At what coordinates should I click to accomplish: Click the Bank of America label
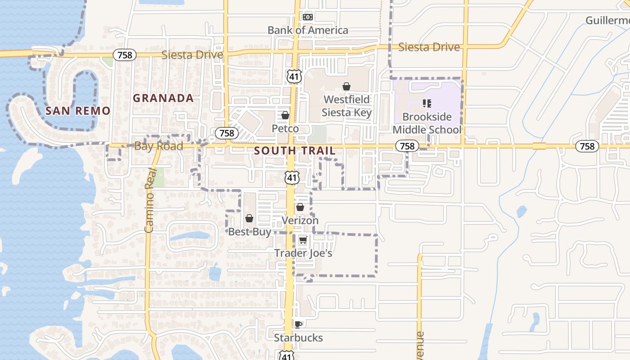308,30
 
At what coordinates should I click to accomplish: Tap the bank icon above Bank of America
308,17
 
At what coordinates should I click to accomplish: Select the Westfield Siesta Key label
346,106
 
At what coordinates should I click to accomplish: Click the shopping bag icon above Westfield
346,86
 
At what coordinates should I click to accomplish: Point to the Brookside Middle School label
427,123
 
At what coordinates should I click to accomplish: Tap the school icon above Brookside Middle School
427,104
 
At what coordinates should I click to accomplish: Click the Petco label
285,129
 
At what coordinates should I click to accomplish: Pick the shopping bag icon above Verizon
300,207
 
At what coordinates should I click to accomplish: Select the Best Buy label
250,232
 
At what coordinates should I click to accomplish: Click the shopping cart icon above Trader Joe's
303,240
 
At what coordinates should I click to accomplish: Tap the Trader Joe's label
303,253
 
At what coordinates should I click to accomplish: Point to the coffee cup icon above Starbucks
298,324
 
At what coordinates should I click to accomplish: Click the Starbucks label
298,337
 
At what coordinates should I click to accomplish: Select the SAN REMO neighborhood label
78,111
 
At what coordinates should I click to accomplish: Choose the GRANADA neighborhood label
163,98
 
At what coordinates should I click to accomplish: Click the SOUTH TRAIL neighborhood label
295,151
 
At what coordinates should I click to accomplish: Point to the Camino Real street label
150,200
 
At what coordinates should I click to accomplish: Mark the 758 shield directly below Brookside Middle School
407,146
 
